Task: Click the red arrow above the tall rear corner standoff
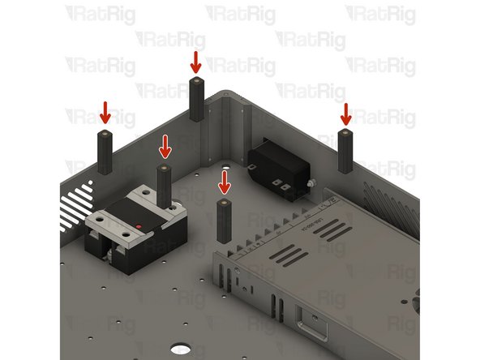tap(195, 61)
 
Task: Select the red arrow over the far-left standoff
tap(105, 112)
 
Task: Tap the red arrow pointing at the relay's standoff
tap(165, 146)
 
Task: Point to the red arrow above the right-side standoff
tap(345, 113)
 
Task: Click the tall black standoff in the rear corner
tap(196, 100)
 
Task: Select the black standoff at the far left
tap(105, 152)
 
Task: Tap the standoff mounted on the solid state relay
tap(165, 186)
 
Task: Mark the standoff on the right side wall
tap(345, 149)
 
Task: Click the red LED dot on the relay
tap(139, 225)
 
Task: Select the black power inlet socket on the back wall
tap(278, 168)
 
